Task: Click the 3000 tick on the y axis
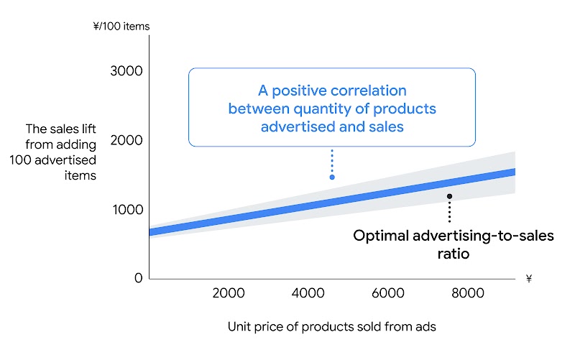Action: tap(127, 71)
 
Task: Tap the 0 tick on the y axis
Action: tap(138, 278)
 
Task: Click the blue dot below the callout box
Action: tap(332, 177)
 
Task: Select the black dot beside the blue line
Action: tap(449, 195)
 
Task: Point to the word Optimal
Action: tap(382, 236)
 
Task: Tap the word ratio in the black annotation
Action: tap(454, 254)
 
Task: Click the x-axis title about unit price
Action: tap(332, 326)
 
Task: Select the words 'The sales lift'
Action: tap(61, 129)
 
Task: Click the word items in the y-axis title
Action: tap(82, 175)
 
